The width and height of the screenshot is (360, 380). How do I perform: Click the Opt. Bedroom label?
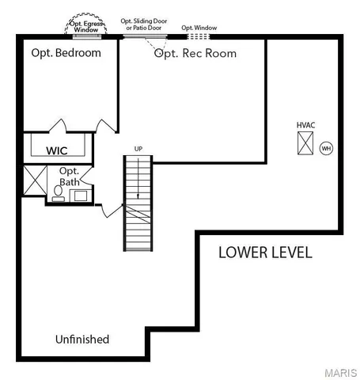(66, 53)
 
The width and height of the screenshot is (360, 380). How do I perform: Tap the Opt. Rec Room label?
(195, 53)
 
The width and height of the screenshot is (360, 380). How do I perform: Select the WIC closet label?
(56, 150)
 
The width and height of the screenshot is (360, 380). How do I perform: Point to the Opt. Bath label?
(70, 177)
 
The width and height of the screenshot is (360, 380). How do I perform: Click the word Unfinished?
(82, 339)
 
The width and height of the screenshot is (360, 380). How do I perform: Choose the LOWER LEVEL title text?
(265, 253)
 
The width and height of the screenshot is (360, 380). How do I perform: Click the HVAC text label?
(306, 125)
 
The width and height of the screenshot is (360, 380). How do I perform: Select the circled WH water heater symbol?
(326, 148)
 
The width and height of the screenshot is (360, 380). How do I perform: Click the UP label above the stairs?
(138, 149)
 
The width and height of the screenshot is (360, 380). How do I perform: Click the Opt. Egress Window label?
(85, 26)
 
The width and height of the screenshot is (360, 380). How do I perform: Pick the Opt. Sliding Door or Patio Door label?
(144, 25)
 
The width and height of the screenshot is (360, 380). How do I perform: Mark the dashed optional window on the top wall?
(199, 36)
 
